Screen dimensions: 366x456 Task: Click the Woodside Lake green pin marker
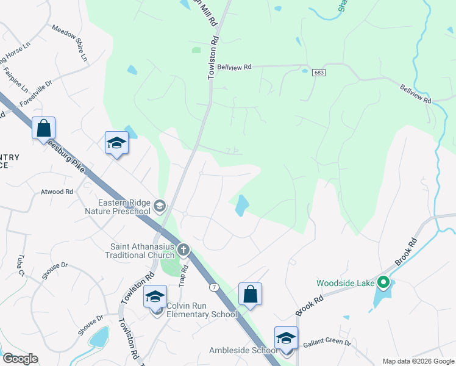coord(383,282)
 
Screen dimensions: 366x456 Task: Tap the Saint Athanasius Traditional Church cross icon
coord(183,249)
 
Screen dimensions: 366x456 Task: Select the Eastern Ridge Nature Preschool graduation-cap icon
coord(160,206)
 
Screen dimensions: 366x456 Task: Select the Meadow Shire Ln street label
coord(70,43)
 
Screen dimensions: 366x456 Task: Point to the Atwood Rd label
coord(57,192)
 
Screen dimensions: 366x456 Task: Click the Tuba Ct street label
coord(21,264)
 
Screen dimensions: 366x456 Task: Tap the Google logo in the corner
coord(20,359)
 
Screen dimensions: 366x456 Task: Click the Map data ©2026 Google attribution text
coord(418,361)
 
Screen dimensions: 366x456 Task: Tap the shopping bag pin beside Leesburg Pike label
coord(44,129)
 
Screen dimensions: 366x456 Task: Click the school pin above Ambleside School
coord(286,338)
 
